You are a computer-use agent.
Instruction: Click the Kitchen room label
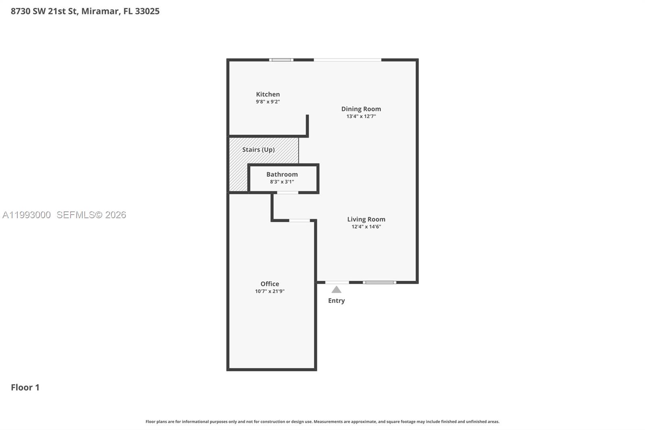(268, 94)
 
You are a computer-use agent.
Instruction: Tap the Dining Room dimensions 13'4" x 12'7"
(361, 116)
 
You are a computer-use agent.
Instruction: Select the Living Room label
(366, 219)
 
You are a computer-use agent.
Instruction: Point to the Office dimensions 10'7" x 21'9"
(270, 291)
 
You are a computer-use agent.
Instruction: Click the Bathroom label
(282, 174)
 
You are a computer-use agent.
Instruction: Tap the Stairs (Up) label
(258, 150)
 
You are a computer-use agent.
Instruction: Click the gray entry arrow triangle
(336, 290)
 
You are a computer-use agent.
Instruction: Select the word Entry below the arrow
(336, 301)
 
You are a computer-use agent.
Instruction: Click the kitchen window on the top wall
(281, 60)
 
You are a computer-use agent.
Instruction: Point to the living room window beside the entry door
(379, 282)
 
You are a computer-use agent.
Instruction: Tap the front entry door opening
(337, 282)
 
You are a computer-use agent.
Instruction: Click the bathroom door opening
(287, 193)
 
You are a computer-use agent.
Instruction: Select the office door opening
(300, 221)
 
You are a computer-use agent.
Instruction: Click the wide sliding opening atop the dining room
(347, 60)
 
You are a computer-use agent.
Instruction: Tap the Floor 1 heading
(25, 387)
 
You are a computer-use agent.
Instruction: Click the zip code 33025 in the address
(147, 11)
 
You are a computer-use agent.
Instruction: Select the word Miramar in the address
(100, 11)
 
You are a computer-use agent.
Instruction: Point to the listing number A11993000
(27, 215)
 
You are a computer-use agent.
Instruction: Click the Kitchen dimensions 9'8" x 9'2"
(268, 102)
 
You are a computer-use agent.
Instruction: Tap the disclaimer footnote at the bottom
(322, 422)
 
